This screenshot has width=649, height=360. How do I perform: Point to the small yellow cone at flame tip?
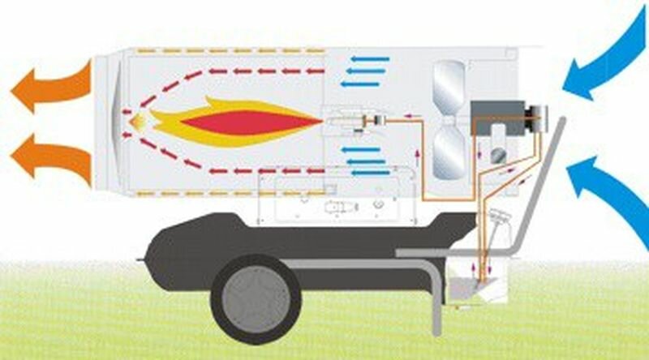click(x=138, y=121)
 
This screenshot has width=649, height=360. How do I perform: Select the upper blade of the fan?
click(x=449, y=84)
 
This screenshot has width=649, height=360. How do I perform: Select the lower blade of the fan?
click(x=449, y=154)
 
